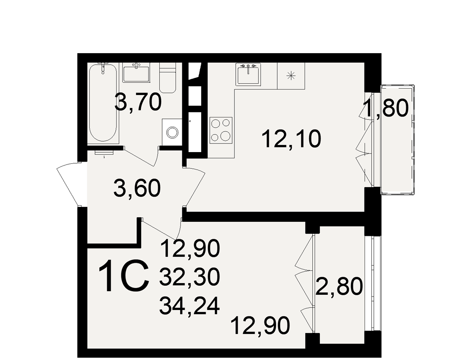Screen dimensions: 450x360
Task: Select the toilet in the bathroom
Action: pos(167,77)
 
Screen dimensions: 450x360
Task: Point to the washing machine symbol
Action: pos(172,132)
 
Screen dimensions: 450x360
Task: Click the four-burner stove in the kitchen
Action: pos(220,130)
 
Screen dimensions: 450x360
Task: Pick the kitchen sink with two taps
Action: pos(248,74)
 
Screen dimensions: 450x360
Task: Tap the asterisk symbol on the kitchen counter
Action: pos(291,76)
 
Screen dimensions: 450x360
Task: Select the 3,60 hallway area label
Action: pos(137,188)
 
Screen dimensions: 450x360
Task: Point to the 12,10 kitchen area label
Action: pos(291,139)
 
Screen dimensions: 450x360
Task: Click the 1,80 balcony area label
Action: pos(386,108)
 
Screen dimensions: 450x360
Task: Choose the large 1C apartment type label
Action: pos(124,276)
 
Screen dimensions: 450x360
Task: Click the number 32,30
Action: pos(190,277)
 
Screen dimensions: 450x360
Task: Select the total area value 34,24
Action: pos(189,306)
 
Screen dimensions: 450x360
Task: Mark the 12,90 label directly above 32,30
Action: pos(190,248)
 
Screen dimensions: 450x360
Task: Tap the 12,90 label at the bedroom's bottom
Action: pos(260,325)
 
